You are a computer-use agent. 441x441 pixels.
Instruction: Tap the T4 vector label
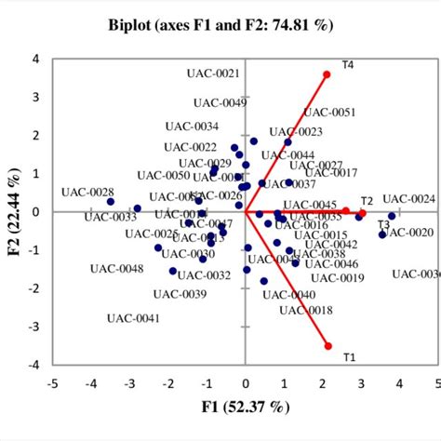(x=348, y=65)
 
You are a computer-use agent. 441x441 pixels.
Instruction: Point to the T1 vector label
(x=349, y=357)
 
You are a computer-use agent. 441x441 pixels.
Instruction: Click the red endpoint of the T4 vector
(x=327, y=74)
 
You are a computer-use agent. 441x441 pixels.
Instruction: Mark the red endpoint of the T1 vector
(x=327, y=346)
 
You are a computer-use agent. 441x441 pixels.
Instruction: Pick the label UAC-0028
(x=87, y=192)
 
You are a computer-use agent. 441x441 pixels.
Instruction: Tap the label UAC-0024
(x=408, y=198)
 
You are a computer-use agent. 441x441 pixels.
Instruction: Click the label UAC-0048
(x=117, y=269)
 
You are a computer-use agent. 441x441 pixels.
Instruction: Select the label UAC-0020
(x=408, y=233)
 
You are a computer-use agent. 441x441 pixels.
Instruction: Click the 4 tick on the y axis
(x=36, y=59)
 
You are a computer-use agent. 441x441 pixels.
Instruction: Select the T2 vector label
(x=367, y=201)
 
